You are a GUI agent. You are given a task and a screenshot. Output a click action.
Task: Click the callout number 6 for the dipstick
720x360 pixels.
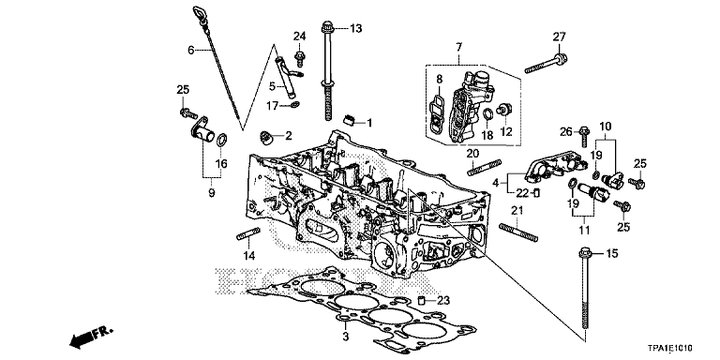tap(190, 50)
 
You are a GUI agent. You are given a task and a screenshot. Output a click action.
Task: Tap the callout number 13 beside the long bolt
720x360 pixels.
tap(355, 30)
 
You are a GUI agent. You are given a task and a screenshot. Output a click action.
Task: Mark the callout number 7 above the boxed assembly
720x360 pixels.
tap(459, 47)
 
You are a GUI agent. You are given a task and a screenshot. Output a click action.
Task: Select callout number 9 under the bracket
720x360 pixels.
tap(212, 192)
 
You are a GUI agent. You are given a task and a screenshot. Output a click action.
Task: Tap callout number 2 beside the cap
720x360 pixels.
tap(288, 136)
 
